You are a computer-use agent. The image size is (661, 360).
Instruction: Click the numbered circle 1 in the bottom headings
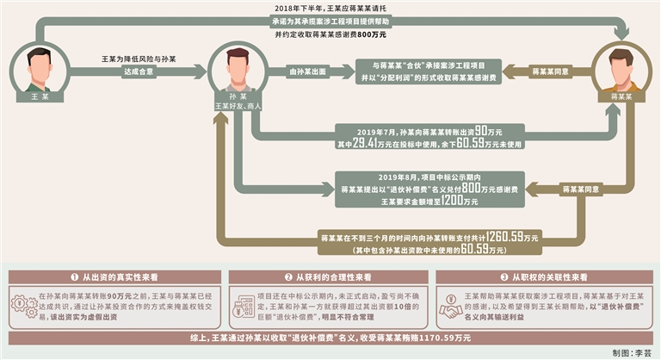pos(76,277)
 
